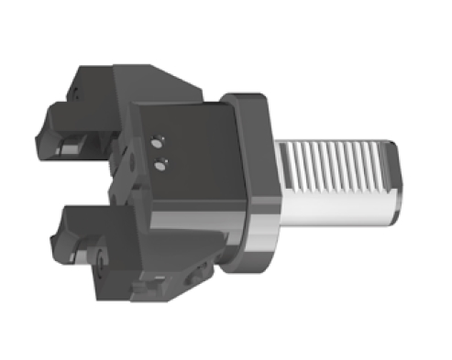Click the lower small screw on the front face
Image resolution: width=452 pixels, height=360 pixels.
click(162, 165)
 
